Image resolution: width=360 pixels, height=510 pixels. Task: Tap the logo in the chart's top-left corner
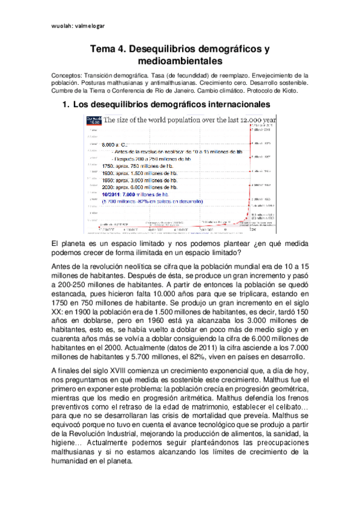click(x=94, y=121)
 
